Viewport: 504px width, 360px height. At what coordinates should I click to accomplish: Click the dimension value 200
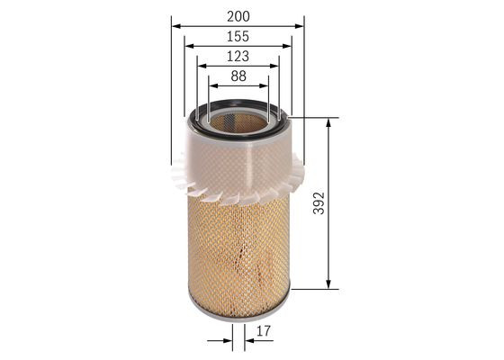(x=238, y=15)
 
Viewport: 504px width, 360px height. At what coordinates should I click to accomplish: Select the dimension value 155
(x=238, y=36)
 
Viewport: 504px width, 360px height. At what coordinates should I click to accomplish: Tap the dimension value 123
(x=238, y=57)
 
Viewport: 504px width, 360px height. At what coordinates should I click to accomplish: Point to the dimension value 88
(x=238, y=77)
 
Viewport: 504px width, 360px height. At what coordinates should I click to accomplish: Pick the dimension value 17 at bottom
(x=263, y=332)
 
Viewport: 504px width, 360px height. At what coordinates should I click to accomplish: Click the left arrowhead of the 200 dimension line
(x=175, y=25)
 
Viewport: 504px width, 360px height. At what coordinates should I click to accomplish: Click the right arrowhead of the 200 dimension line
(x=301, y=25)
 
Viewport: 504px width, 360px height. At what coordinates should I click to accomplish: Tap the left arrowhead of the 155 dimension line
(x=188, y=46)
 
